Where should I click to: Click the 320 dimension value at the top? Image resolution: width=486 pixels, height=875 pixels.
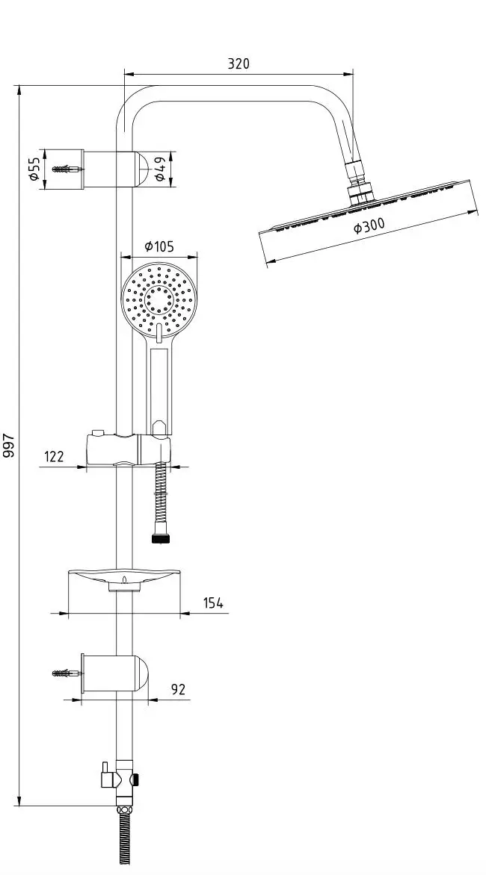coord(239,63)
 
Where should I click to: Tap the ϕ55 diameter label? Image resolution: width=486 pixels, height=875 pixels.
coord(34,169)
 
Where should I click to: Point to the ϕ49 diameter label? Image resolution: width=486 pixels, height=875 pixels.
coord(159,169)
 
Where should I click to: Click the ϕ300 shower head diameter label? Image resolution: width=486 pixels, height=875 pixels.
coord(369,225)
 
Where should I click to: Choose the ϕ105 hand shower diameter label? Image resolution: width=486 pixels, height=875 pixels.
coord(159,246)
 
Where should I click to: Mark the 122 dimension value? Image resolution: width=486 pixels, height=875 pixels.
coord(54,456)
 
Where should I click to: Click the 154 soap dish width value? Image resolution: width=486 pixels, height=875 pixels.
coord(213,602)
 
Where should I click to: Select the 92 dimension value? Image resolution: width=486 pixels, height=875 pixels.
coord(178,689)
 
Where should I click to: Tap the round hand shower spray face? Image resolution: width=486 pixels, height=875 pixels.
coord(159,299)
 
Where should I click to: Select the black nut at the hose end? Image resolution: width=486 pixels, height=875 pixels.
coord(160,538)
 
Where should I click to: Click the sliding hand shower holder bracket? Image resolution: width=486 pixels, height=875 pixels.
coord(128,449)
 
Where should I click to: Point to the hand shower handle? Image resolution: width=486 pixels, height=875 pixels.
coord(159,387)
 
